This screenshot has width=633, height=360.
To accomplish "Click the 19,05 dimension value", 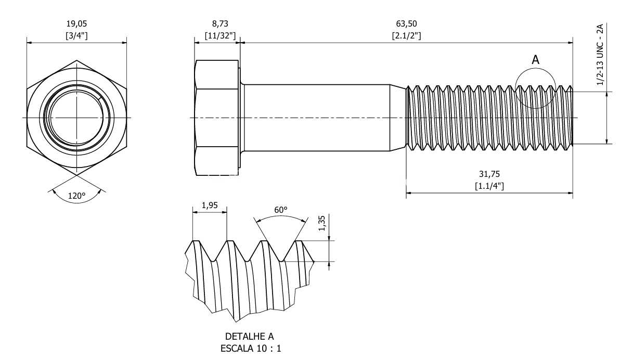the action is point(76,24).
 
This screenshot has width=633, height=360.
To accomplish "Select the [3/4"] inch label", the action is point(76,36).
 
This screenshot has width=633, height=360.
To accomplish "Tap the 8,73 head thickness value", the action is point(220,24).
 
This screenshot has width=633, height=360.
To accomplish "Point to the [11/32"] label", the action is point(220,36).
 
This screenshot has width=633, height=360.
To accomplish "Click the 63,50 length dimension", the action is point(406,24).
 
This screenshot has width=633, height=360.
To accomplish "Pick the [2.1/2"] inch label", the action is point(406,36).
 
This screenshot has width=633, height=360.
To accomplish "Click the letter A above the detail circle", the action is point(536,60).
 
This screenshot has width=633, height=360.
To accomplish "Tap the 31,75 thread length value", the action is point(489,174).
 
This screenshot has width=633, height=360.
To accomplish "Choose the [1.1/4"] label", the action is point(489,186).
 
